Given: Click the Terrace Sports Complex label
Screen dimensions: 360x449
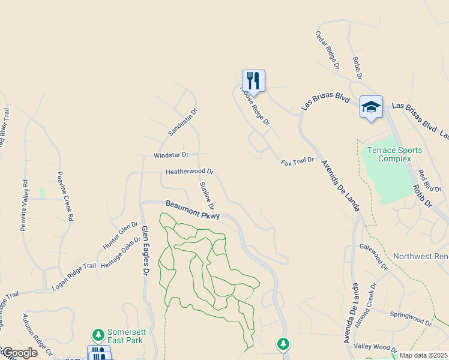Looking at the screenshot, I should tap(394, 154).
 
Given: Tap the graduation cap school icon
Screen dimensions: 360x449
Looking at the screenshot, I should tap(371, 107).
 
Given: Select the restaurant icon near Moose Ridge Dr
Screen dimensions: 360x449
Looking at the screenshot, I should tap(253, 80).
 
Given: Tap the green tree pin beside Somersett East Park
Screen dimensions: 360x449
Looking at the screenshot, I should tap(97, 334).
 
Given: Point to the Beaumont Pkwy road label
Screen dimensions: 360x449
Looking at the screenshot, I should tap(193, 210).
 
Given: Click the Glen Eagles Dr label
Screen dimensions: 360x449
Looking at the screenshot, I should tap(145, 250).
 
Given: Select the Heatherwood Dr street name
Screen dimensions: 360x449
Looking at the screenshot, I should tap(190, 172).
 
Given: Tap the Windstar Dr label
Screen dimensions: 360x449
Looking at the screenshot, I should tap(171, 155).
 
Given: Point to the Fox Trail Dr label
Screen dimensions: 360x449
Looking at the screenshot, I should tap(298, 161).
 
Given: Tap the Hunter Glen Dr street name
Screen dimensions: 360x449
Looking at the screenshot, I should tap(120, 236).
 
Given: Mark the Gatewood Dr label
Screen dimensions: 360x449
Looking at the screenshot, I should tap(373, 253).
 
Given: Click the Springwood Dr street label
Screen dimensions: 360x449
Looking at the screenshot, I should tap(411, 318).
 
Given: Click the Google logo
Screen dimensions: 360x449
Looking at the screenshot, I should tap(19, 353).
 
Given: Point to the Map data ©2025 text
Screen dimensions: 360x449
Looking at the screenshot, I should tap(423, 355).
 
